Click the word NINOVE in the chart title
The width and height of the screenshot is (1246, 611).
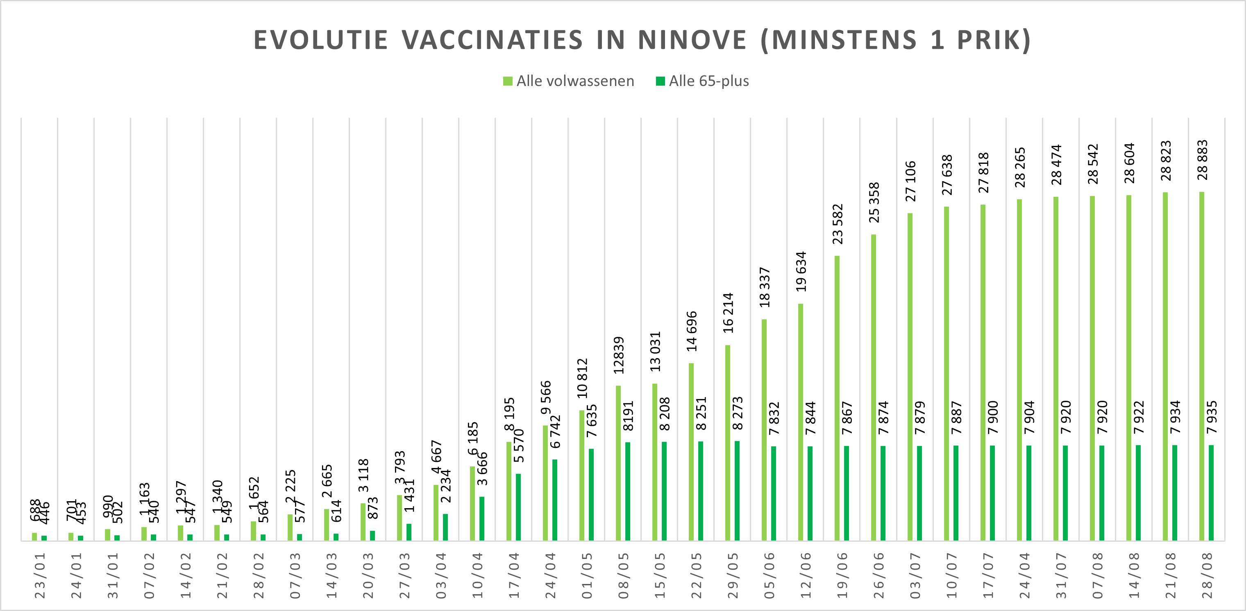pos(692,40)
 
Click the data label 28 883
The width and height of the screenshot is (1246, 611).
pos(1203,160)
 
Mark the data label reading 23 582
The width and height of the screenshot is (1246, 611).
pos(837,224)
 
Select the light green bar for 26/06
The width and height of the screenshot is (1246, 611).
pos(874,387)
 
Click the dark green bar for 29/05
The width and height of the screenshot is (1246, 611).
pos(737,491)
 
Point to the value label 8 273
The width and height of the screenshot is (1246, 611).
pos(737,413)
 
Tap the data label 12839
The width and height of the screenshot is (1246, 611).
pos(619,356)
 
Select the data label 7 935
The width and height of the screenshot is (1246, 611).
pos(1212,418)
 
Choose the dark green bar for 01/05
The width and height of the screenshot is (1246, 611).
pos(591,494)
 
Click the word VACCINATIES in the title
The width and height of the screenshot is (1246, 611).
pos(492,40)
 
